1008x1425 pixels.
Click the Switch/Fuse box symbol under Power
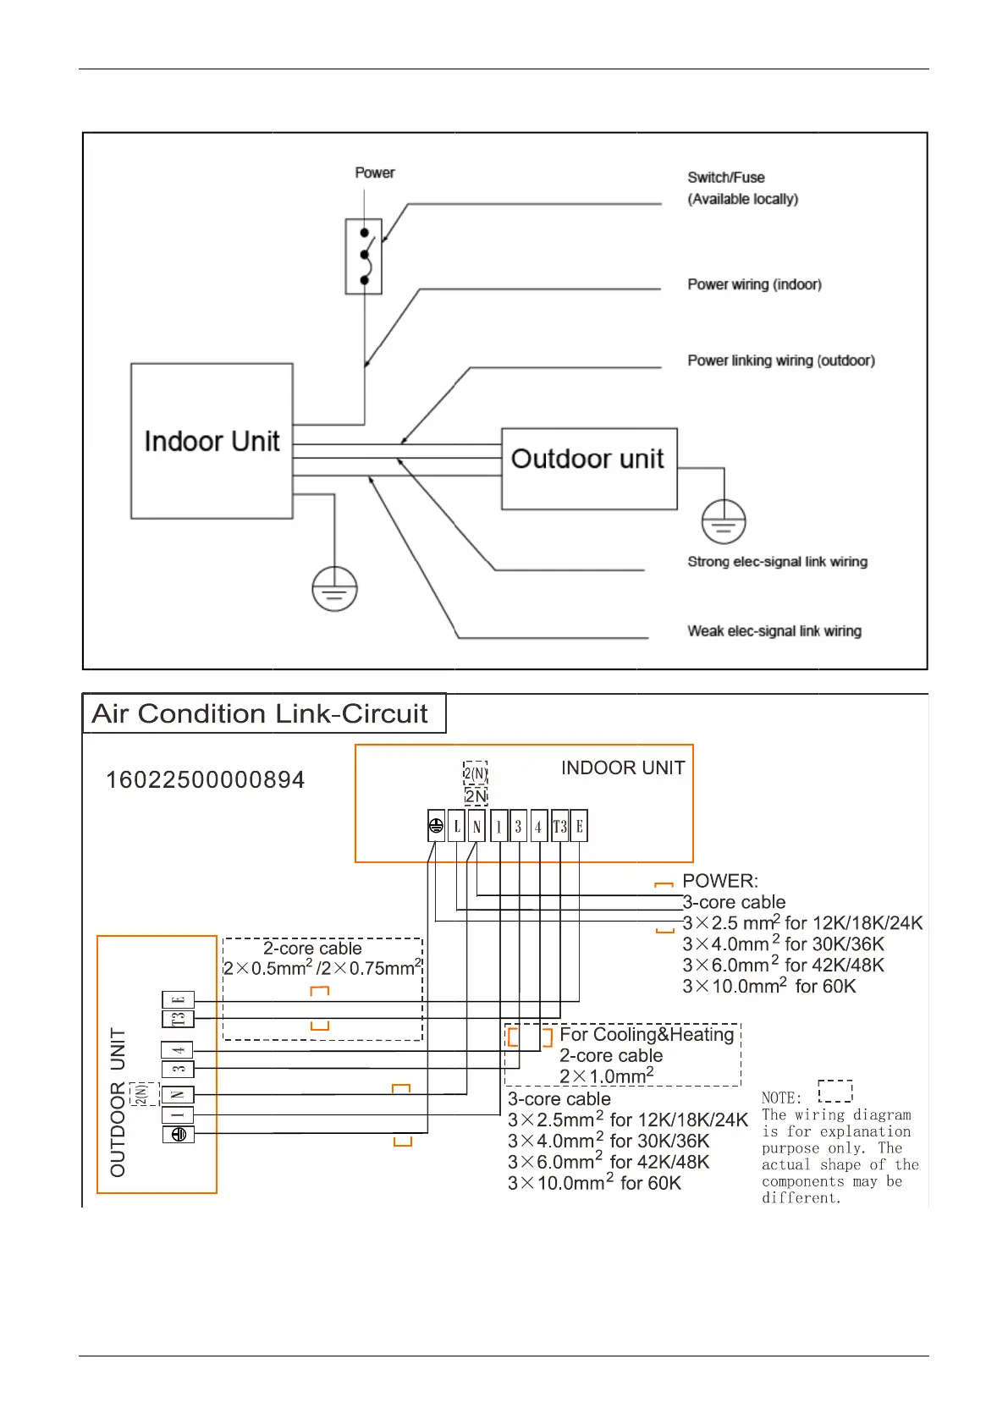coord(364,256)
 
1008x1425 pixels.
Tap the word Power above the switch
coord(375,173)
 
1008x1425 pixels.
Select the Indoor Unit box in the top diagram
coord(212,441)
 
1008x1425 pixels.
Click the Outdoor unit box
coord(589,468)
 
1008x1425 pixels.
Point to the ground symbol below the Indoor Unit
coord(334,589)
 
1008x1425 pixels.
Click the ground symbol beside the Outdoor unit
coord(724,522)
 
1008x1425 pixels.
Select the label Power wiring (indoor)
coord(754,284)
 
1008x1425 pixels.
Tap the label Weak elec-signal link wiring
coord(774,631)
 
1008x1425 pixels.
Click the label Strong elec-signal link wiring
coord(777,562)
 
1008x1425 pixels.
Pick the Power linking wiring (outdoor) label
coord(781,360)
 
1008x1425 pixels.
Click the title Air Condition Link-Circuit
coord(260,714)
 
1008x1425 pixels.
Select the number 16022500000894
coord(205,780)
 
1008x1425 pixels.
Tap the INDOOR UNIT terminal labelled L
coord(457,827)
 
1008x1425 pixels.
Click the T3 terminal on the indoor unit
coord(559,827)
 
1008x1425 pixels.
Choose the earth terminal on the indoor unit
coord(436,827)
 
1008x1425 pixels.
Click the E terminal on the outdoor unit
coord(178,999)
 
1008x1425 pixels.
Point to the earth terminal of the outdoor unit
coord(178,1135)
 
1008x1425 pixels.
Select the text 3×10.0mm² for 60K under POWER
coord(769,987)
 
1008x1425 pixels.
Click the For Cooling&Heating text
coord(647,1035)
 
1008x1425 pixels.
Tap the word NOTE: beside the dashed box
coord(781,1098)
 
